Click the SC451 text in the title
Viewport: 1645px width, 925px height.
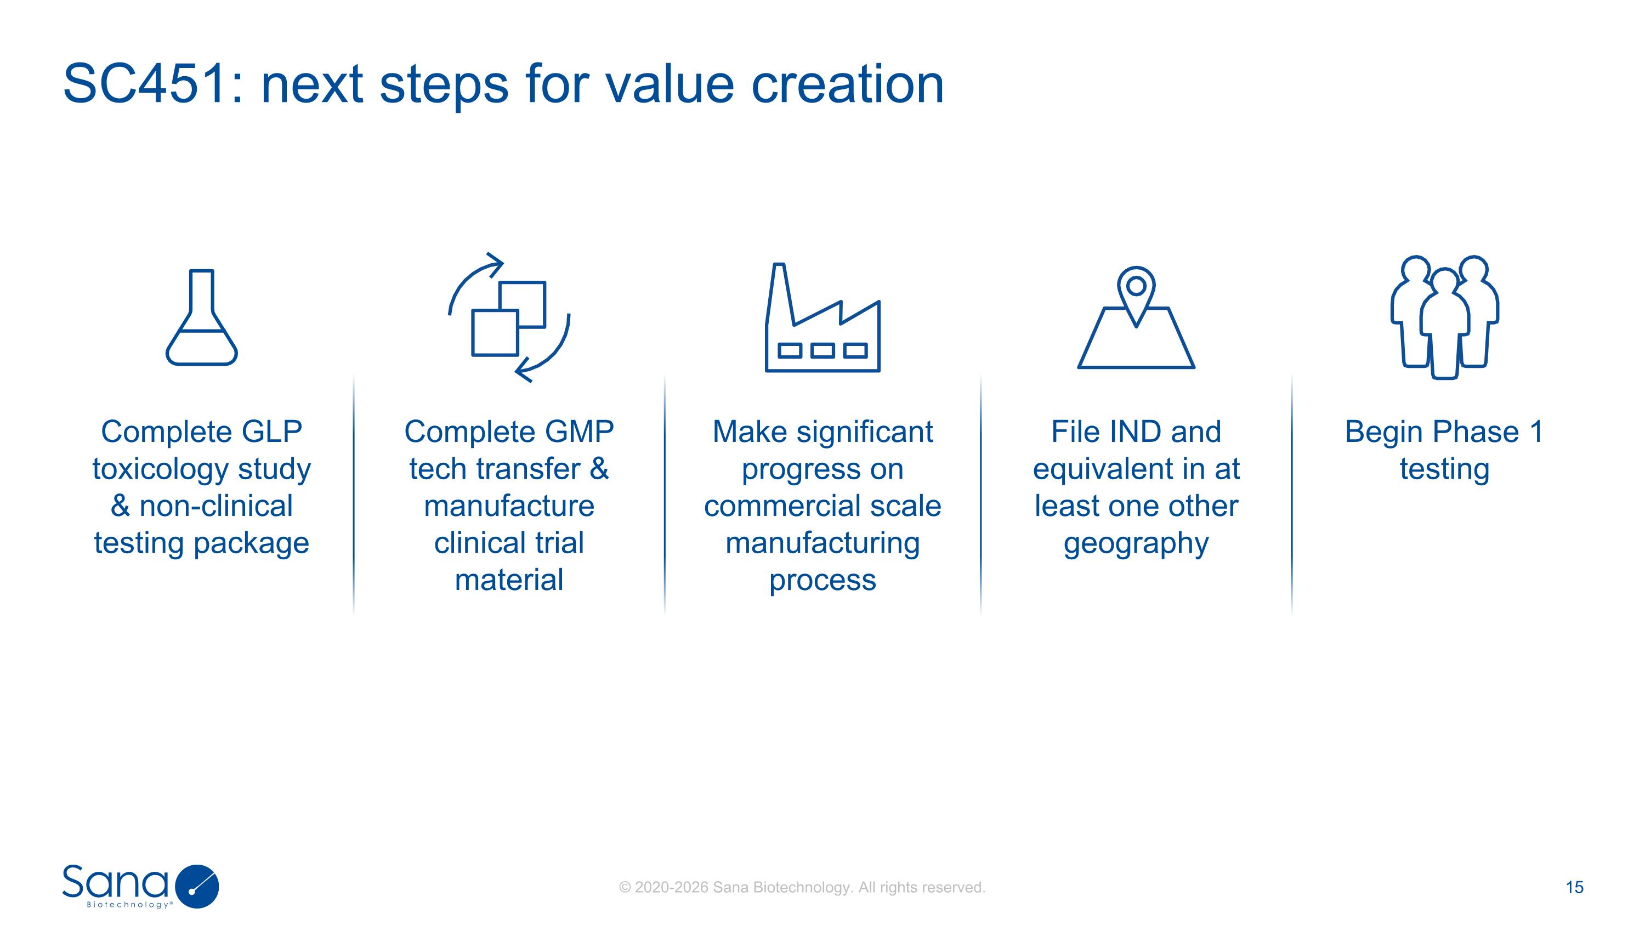click(x=146, y=84)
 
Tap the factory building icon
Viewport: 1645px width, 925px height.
click(x=822, y=319)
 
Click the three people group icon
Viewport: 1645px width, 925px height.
click(x=1444, y=317)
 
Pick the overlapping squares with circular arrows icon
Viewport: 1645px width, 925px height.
click(x=509, y=317)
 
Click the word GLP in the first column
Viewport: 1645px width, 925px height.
click(x=271, y=432)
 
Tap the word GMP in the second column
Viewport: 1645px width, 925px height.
click(x=579, y=432)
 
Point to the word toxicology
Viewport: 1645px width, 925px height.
click(x=160, y=470)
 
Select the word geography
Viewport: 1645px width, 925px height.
click(x=1136, y=544)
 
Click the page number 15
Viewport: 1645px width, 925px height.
click(x=1574, y=887)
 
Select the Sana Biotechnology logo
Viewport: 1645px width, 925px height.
click(x=140, y=886)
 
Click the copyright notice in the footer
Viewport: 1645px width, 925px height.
click(x=802, y=887)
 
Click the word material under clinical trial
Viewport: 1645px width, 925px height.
click(x=509, y=580)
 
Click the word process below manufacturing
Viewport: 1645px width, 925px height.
click(x=822, y=580)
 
